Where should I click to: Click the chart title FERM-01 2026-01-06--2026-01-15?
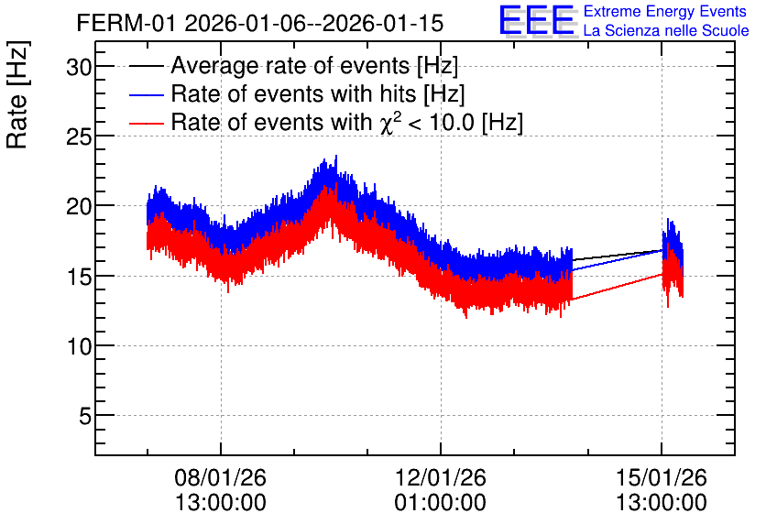point(260,23)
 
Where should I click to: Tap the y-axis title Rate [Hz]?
point(17,94)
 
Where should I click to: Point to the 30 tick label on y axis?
point(79,66)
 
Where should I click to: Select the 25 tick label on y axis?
point(79,136)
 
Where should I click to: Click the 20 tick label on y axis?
point(79,206)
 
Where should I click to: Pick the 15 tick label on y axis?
point(79,276)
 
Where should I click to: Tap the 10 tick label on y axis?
point(79,345)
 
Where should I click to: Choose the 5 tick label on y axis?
point(85,416)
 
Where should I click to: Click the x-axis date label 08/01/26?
point(220,477)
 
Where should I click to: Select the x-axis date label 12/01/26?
point(441,477)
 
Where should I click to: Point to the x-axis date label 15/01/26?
point(662,477)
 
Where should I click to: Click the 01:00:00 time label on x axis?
point(441,503)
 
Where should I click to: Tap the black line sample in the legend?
point(146,66)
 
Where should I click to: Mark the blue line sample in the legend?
point(146,94)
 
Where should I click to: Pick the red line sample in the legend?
point(146,123)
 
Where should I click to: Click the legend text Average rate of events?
point(290,66)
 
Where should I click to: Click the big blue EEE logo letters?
point(536,20)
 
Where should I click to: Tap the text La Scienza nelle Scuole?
point(666,30)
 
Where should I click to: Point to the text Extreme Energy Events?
point(665,11)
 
